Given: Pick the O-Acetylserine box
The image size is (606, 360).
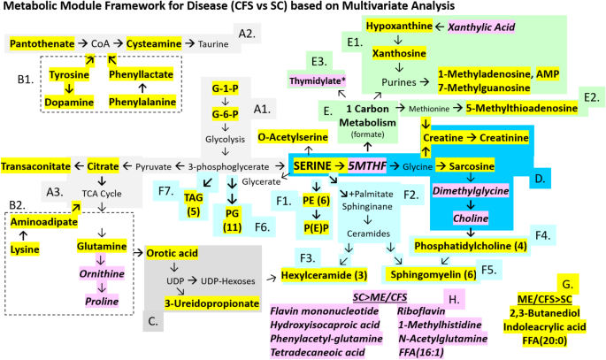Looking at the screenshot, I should click(x=293, y=138).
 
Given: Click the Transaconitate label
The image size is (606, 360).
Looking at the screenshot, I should click(x=41, y=166).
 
